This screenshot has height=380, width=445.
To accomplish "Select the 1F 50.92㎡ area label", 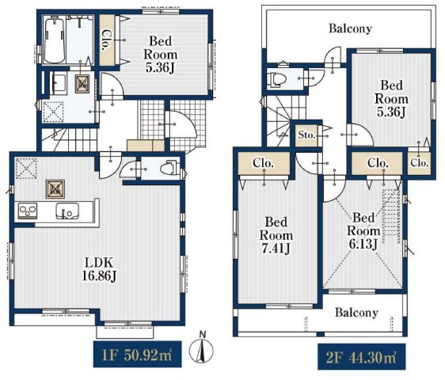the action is click(x=137, y=355).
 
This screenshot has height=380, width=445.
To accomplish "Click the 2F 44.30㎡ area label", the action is click(x=361, y=357).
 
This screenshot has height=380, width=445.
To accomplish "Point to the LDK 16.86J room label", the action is click(x=99, y=269).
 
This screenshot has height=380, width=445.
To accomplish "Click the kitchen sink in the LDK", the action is click(x=67, y=211).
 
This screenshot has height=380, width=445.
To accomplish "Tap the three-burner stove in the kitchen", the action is click(x=28, y=211).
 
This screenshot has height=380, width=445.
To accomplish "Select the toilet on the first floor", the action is click(x=169, y=169).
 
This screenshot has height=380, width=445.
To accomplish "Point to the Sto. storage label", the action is click(x=306, y=135).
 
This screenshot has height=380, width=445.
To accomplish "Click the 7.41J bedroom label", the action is click(x=276, y=235).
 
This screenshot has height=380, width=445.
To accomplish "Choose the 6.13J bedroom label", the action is click(x=363, y=231).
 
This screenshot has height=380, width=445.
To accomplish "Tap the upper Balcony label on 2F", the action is click(x=350, y=29).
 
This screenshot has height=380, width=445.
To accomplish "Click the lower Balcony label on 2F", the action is click(x=356, y=313).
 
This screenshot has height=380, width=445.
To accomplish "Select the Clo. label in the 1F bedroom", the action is click(x=105, y=40).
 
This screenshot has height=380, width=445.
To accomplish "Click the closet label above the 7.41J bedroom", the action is click(x=263, y=163).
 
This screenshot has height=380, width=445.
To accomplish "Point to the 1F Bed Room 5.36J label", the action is click(x=161, y=55).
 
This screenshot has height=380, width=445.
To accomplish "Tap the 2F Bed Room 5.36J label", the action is click(x=391, y=99).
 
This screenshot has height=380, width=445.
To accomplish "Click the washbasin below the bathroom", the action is click(x=59, y=82).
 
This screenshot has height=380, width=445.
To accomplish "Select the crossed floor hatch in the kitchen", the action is click(x=55, y=189).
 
